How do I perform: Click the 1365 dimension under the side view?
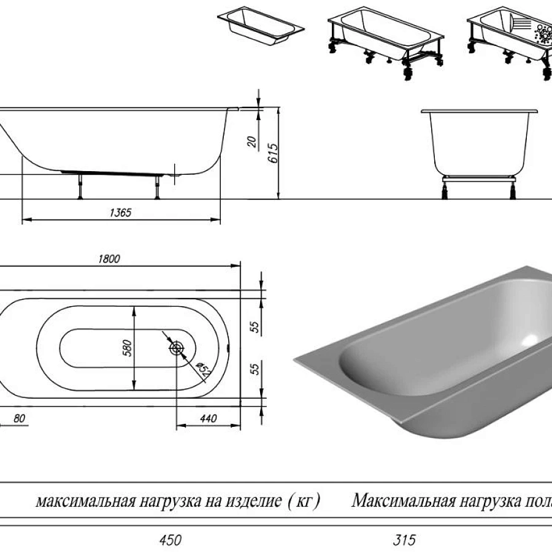(x=121, y=212)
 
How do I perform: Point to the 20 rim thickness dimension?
(x=251, y=141)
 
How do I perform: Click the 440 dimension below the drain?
(x=209, y=419)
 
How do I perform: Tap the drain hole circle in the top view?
(x=177, y=348)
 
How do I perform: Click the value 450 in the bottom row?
(x=170, y=540)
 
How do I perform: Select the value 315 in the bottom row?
(x=404, y=540)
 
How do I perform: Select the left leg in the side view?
(x=79, y=186)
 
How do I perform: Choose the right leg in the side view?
(x=158, y=186)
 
